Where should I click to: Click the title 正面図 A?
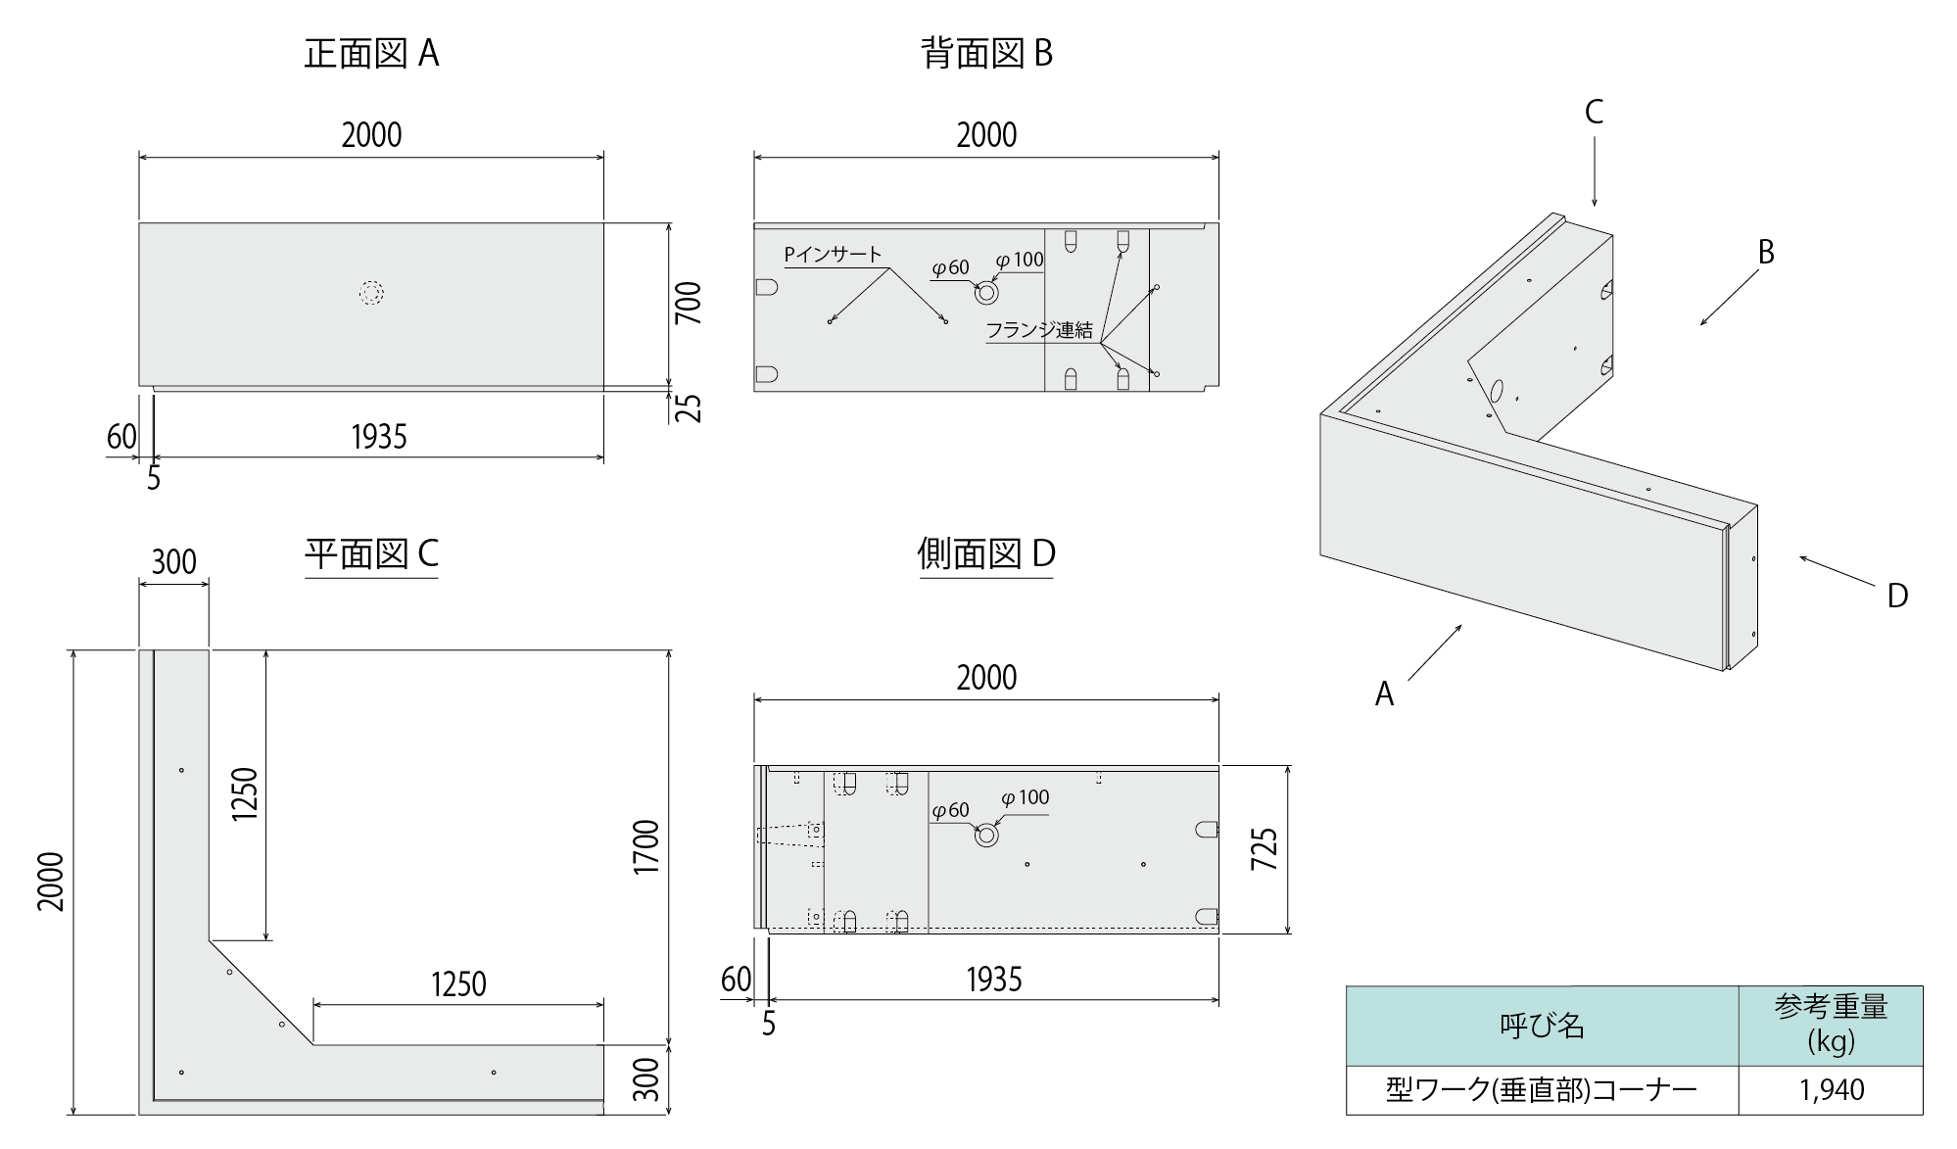[x=371, y=53]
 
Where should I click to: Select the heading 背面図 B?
[x=986, y=53]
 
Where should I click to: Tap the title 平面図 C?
[x=371, y=554]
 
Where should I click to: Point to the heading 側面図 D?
[x=986, y=554]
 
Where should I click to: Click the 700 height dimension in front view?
[x=689, y=303]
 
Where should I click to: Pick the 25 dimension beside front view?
[x=690, y=407]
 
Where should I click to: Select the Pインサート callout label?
[x=833, y=255]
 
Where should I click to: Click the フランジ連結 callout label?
[x=1038, y=330]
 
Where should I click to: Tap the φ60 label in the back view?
[x=949, y=267]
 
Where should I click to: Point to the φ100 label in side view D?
[x=1025, y=797]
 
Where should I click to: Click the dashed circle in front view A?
[x=371, y=293]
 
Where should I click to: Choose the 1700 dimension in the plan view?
[x=645, y=847]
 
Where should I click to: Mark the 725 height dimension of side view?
[x=1264, y=849]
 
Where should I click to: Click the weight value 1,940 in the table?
[x=1832, y=1090]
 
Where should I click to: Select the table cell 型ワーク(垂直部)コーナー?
[x=1541, y=1090]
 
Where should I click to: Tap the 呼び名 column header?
[x=1542, y=1026]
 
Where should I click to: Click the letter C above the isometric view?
[x=1594, y=113]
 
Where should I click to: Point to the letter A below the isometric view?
[x=1384, y=694]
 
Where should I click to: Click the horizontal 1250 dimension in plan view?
[x=458, y=983]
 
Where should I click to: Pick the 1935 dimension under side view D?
[x=993, y=980]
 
